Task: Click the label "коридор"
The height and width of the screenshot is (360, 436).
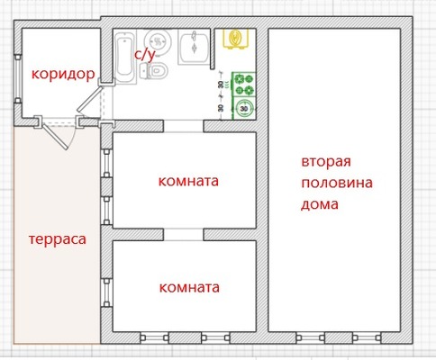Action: pyautogui.click(x=61, y=74)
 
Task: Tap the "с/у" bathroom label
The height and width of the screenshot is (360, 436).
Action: pyautogui.click(x=144, y=54)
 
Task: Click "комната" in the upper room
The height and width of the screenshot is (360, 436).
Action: pyautogui.click(x=188, y=181)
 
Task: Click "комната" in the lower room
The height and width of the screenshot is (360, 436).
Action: pyautogui.click(x=188, y=288)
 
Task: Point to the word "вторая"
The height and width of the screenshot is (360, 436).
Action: pyautogui.click(x=325, y=162)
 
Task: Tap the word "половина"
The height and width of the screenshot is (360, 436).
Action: pyautogui.click(x=336, y=183)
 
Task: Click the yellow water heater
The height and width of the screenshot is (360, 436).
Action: pyautogui.click(x=237, y=40)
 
